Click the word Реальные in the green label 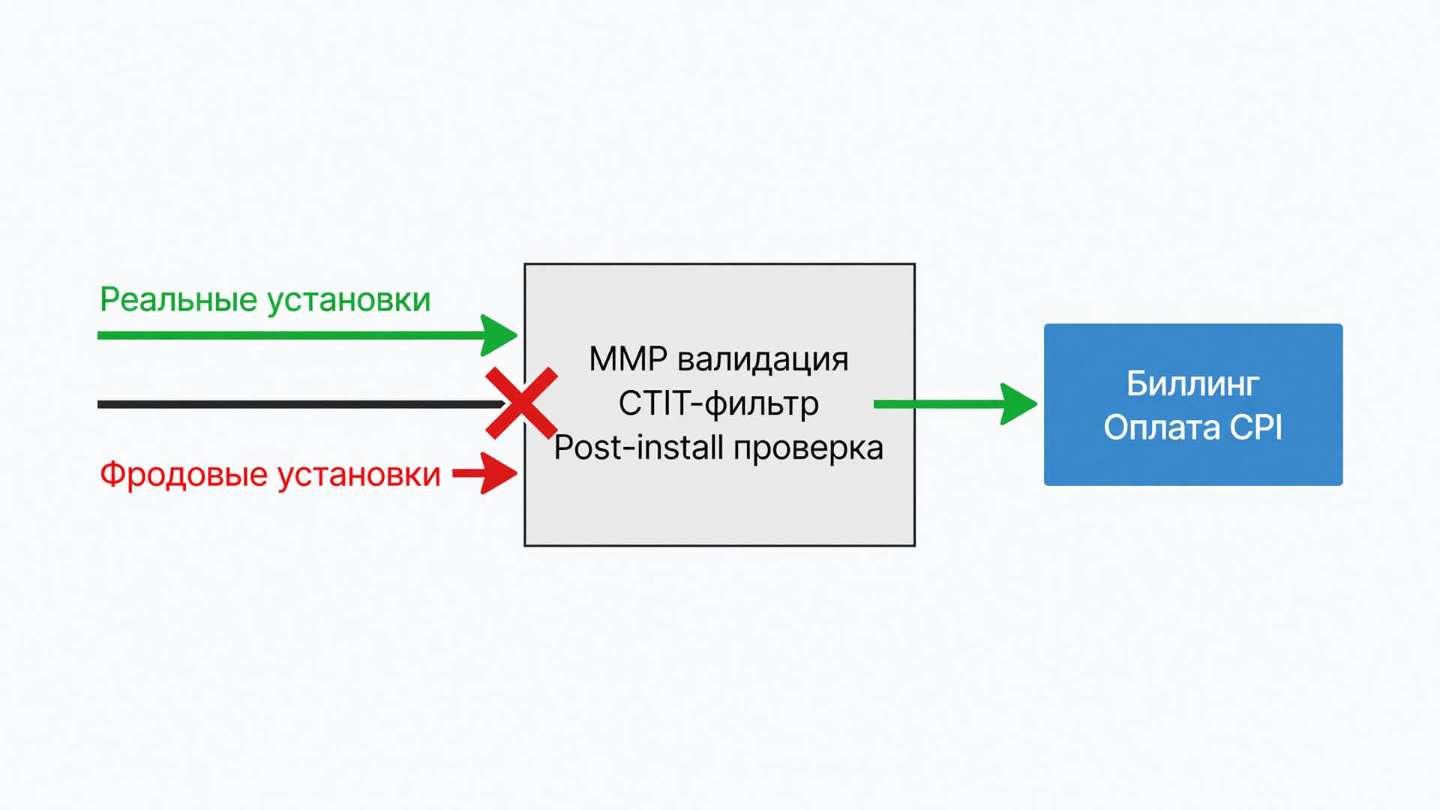(178, 299)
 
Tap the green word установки (349, 301)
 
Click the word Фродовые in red (184, 475)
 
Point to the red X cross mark (521, 403)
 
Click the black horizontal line (300, 404)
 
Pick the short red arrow (484, 473)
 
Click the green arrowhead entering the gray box (499, 335)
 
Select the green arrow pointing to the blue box (955, 404)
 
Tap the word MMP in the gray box (628, 359)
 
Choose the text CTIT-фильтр (718, 403)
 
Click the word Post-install (638, 448)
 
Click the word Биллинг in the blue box (1192, 384)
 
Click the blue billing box (1193, 405)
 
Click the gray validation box (719, 510)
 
